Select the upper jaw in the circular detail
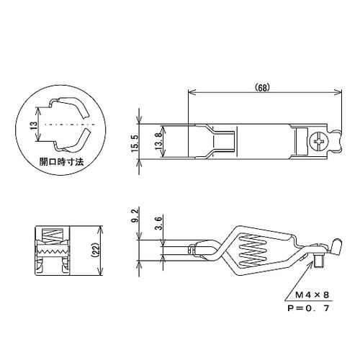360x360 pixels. point(71,109)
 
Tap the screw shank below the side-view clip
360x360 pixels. point(316,265)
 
